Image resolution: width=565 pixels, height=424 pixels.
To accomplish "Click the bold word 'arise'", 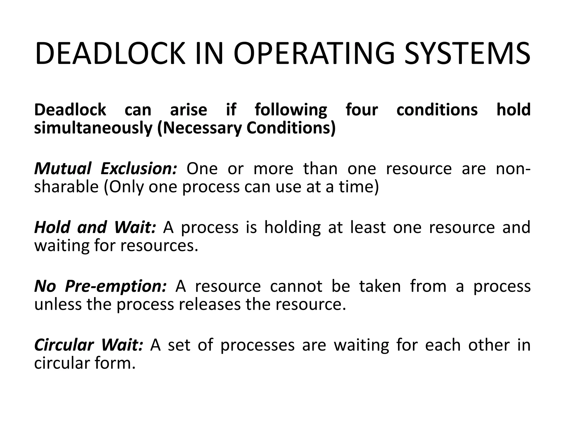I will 188,110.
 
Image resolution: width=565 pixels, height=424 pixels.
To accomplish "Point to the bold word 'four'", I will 362,110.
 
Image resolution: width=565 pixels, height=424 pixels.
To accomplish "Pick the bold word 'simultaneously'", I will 93,128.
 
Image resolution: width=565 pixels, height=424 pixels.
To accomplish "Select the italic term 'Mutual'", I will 62,169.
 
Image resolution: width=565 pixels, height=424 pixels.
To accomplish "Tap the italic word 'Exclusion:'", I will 138,169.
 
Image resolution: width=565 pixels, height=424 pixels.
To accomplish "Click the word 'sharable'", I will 66,187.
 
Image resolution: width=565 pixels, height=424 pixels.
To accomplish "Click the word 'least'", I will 368,227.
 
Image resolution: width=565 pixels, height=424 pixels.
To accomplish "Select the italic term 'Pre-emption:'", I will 116,286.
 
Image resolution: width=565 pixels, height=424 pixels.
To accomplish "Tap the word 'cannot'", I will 296,286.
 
